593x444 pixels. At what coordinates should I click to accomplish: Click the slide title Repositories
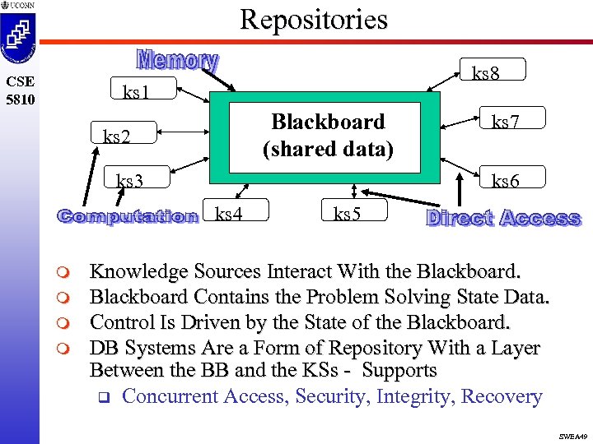(313, 19)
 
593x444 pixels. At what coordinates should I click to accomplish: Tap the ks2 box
(117, 134)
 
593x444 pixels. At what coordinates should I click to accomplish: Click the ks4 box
(230, 215)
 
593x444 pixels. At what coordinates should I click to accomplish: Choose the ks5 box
(348, 215)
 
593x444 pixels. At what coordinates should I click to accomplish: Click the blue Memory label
(177, 61)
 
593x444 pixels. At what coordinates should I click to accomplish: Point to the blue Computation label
(128, 216)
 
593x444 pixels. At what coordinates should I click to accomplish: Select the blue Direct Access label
(503, 218)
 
